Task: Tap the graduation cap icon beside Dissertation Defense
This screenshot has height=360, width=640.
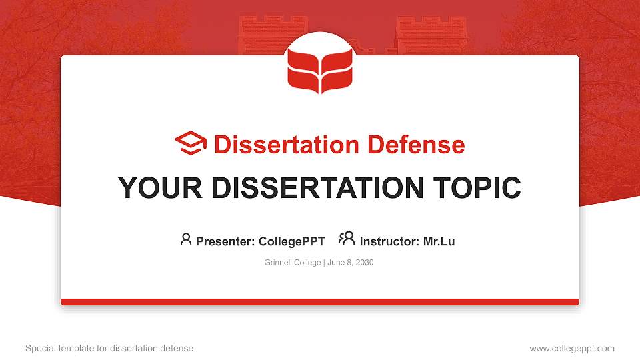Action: point(191,144)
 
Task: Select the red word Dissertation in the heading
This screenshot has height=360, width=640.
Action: point(278,145)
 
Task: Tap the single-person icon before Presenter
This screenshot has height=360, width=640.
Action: point(186,239)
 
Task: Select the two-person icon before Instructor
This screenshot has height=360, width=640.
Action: point(347,239)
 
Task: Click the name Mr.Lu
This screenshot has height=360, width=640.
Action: point(439,241)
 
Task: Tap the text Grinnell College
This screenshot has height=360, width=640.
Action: point(293,263)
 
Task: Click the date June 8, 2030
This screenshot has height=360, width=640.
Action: point(351,263)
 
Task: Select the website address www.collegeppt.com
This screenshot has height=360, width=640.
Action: point(572,348)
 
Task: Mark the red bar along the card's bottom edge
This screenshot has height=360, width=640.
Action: point(320,302)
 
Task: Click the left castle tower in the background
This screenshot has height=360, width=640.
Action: point(263,35)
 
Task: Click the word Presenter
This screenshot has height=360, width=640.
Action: point(223,241)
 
